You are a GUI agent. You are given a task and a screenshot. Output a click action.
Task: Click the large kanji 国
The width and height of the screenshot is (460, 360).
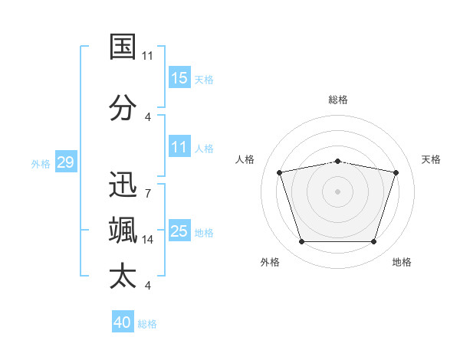pos(123,47)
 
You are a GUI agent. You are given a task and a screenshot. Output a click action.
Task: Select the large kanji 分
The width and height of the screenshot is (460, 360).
pos(123,107)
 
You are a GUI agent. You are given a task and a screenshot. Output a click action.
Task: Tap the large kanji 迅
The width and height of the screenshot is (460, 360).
pos(123,184)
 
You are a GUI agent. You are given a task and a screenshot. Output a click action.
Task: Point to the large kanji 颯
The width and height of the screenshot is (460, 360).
pos(123,230)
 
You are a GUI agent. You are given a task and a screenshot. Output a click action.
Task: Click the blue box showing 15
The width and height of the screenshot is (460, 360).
pos(179,77)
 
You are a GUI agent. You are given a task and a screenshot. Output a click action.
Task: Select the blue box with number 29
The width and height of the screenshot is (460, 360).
pos(66,162)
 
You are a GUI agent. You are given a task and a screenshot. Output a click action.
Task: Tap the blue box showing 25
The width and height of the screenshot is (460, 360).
pos(179,230)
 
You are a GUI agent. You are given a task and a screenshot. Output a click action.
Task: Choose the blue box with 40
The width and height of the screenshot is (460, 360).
pos(123,321)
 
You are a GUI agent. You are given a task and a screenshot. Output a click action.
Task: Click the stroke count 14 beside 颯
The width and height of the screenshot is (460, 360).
pos(147,240)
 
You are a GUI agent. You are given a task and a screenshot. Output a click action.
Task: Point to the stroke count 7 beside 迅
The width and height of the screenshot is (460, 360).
pos(148,194)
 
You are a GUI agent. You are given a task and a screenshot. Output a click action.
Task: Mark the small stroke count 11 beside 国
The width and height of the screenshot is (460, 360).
pos(147,56)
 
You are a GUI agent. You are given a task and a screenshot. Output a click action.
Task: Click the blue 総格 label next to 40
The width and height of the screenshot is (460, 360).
pos(147,324)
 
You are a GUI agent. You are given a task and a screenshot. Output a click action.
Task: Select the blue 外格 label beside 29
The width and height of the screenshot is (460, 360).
pos(41,164)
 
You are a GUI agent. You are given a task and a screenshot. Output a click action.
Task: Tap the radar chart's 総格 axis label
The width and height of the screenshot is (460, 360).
pos(338,100)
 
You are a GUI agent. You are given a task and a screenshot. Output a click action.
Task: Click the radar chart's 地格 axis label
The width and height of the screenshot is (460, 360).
pos(402,262)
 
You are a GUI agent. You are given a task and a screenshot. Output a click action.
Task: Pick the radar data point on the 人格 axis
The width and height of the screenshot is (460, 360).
pos(280,172)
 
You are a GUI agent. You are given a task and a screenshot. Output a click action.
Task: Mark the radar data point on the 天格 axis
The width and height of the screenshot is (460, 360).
pos(396,172)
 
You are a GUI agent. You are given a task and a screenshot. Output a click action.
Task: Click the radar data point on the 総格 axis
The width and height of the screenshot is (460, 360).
pos(338,162)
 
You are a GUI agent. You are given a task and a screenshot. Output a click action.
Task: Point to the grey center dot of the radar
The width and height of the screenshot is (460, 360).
pos(337,191)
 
